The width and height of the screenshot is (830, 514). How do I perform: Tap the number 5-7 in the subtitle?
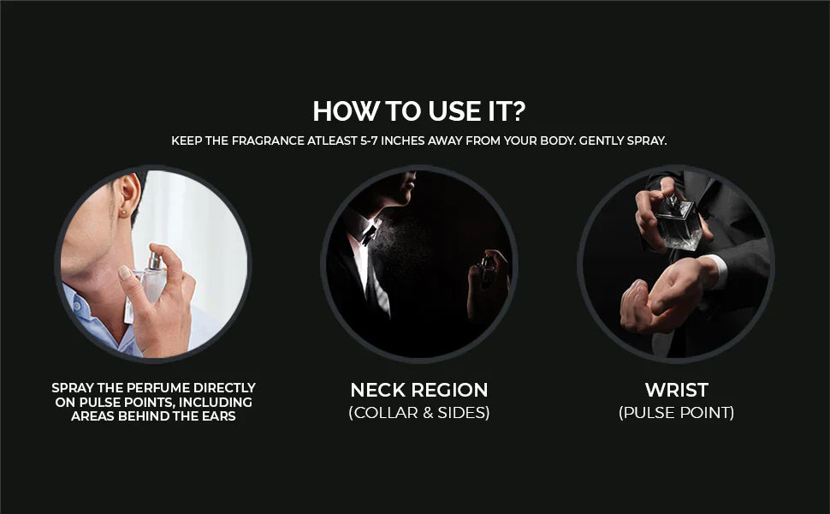(x=369, y=141)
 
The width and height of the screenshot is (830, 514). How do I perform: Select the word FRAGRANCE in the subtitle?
(x=268, y=141)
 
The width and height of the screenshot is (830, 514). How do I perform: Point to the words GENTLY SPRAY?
(x=623, y=141)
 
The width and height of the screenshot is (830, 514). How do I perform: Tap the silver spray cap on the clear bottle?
(x=155, y=260)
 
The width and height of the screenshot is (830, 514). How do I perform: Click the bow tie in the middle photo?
(x=370, y=232)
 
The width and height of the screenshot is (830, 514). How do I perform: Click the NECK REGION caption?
(x=419, y=390)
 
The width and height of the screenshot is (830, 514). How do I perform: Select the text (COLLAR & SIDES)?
(x=419, y=412)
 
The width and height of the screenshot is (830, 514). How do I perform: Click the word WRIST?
(x=677, y=390)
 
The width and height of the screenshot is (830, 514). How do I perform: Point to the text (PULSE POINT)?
(x=677, y=412)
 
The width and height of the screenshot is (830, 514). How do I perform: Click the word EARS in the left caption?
(x=218, y=416)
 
